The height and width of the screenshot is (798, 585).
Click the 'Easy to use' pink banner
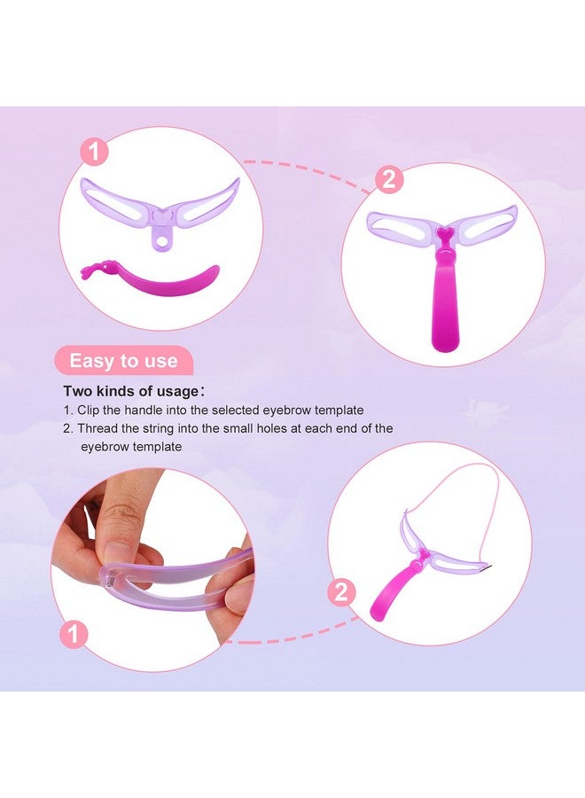123,360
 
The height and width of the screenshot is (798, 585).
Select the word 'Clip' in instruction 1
89,411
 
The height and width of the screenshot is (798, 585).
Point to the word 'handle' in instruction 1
143,411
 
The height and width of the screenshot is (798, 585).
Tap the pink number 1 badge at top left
94,151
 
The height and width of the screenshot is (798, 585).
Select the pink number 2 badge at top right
389,179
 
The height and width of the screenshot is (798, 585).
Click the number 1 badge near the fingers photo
74,634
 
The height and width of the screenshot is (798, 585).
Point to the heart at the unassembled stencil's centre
162,215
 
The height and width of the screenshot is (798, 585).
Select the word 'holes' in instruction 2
272,428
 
